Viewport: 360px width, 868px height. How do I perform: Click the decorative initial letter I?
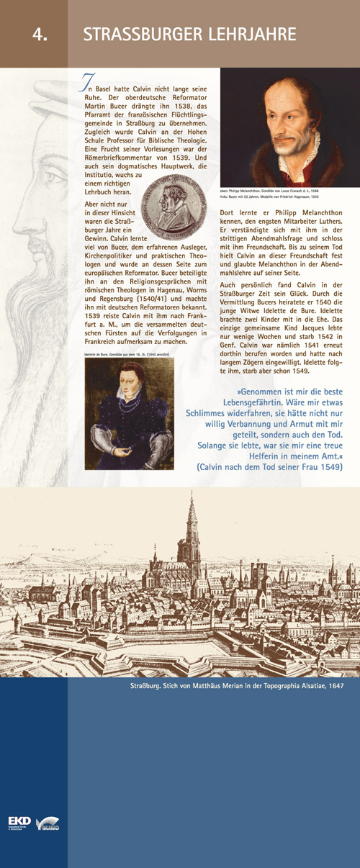86,84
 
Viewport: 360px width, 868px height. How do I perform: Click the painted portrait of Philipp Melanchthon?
289,127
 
